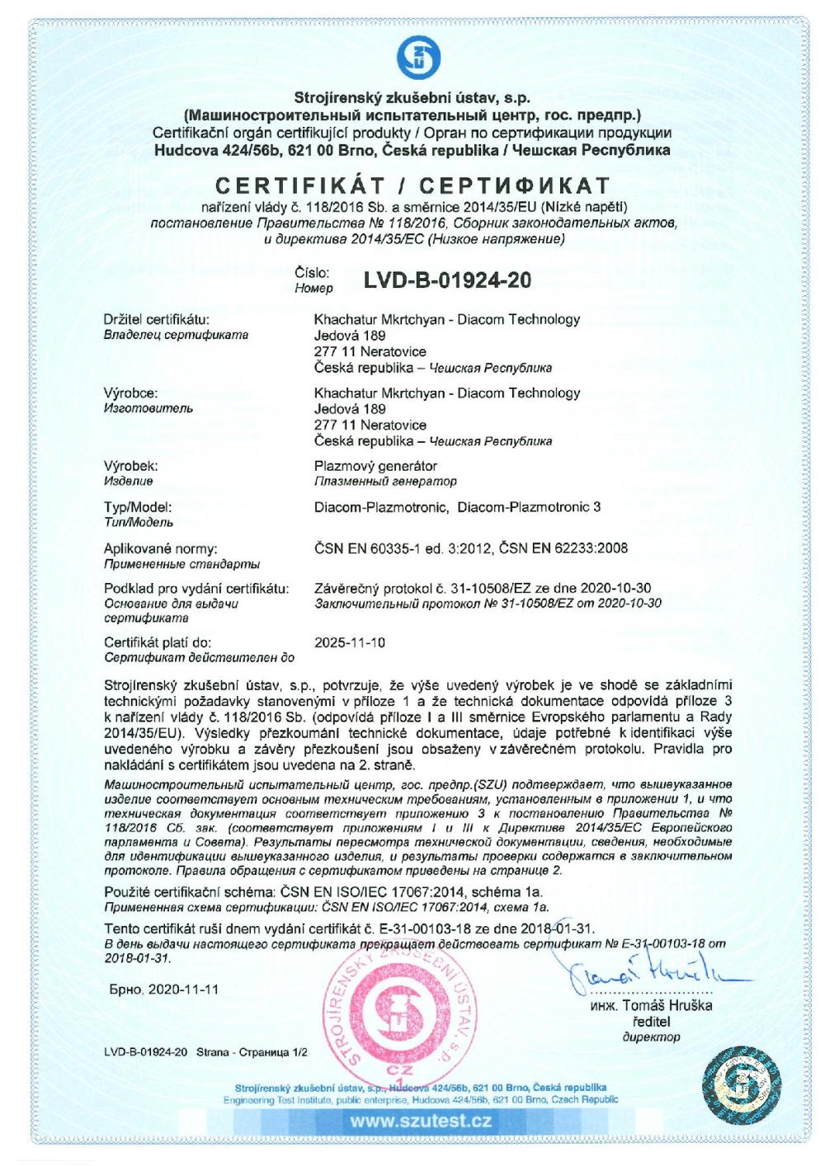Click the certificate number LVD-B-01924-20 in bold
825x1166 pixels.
[447, 280]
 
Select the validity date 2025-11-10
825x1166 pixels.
[350, 642]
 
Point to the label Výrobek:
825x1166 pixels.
[131, 466]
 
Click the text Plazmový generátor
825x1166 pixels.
[375, 466]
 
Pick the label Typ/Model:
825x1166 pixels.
[138, 507]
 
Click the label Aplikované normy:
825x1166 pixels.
[160, 548]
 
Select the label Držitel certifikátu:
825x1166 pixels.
[157, 320]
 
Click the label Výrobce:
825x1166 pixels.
[130, 393]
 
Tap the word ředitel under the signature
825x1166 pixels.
[651, 1022]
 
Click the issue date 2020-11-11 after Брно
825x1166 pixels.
[183, 990]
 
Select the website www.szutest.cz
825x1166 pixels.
[421, 1121]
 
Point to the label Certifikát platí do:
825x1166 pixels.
[158, 642]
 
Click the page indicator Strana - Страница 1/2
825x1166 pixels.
[252, 1052]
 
